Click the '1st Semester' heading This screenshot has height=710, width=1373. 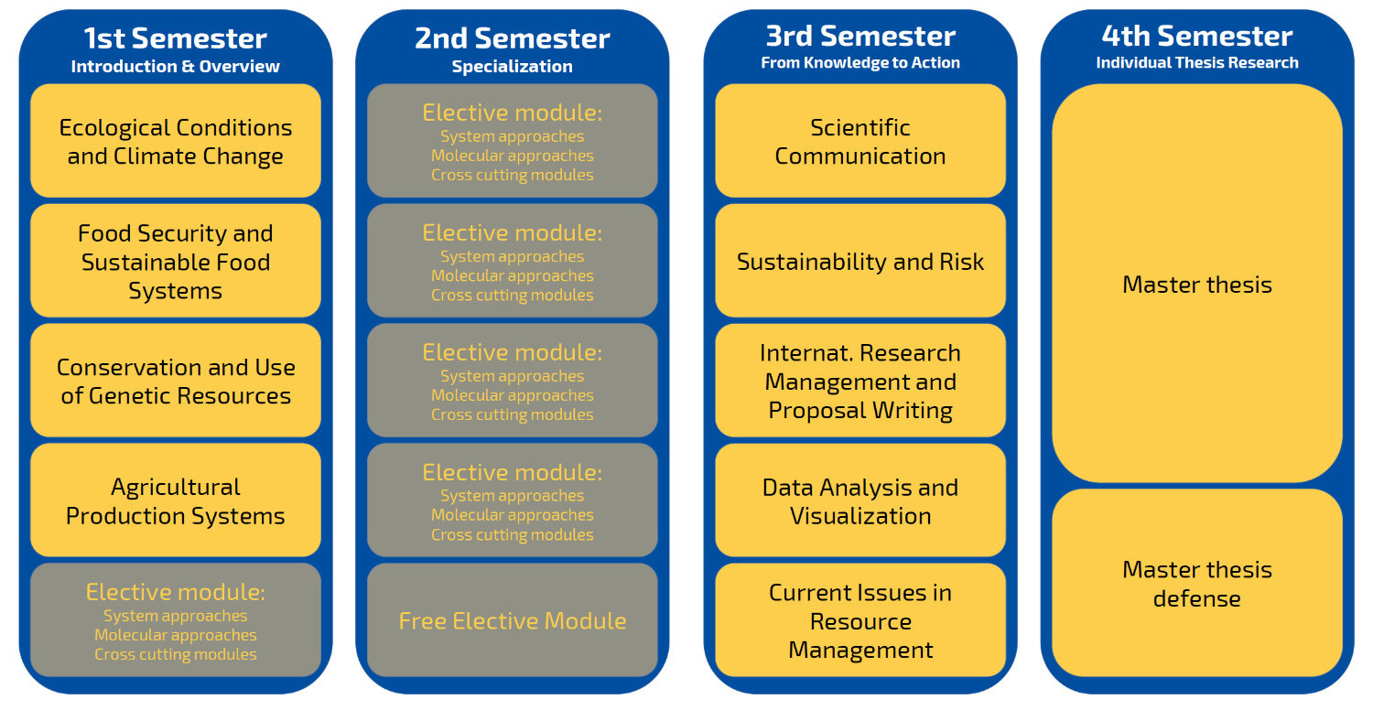pyautogui.click(x=176, y=38)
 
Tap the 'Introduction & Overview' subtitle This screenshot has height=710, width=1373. pyautogui.click(x=176, y=66)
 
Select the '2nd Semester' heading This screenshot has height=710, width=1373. pyautogui.click(x=513, y=38)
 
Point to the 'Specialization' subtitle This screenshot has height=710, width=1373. pyautogui.click(x=513, y=66)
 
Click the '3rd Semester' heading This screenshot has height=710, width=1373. pyautogui.click(x=860, y=37)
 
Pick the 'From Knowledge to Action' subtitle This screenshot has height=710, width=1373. pyautogui.click(x=860, y=62)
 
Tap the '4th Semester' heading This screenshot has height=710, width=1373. pyautogui.click(x=1197, y=37)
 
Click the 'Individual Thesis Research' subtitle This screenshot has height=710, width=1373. pyautogui.click(x=1197, y=62)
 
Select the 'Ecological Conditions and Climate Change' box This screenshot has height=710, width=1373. pyautogui.click(x=176, y=141)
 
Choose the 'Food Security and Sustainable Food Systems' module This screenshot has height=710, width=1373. pyautogui.click(x=176, y=261)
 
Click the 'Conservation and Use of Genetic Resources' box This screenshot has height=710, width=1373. pyautogui.click(x=176, y=381)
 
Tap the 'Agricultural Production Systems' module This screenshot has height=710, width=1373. pyautogui.click(x=176, y=500)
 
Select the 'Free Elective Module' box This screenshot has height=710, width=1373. pyautogui.click(x=513, y=620)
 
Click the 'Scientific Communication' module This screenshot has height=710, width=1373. pyautogui.click(x=860, y=141)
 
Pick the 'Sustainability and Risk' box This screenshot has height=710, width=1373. pyautogui.click(x=860, y=261)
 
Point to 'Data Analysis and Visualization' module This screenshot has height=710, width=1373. pyautogui.click(x=860, y=500)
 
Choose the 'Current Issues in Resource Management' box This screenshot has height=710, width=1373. pyautogui.click(x=860, y=620)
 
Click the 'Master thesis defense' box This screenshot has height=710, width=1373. pyautogui.click(x=1197, y=583)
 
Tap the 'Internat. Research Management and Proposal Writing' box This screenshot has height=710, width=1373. pyautogui.click(x=860, y=381)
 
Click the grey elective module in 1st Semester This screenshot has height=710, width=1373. pyautogui.click(x=176, y=620)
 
